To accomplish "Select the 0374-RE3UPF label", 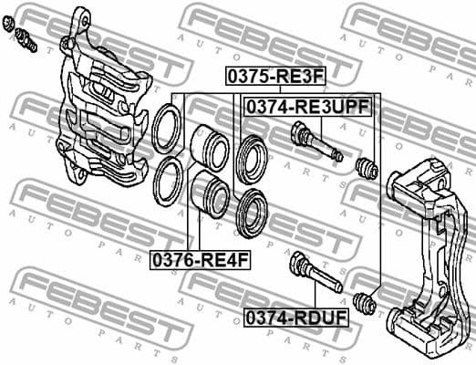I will pyautogui.click(x=306, y=107).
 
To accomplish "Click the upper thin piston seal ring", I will pyautogui.click(x=167, y=129).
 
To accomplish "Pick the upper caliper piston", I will pyautogui.click(x=210, y=145).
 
